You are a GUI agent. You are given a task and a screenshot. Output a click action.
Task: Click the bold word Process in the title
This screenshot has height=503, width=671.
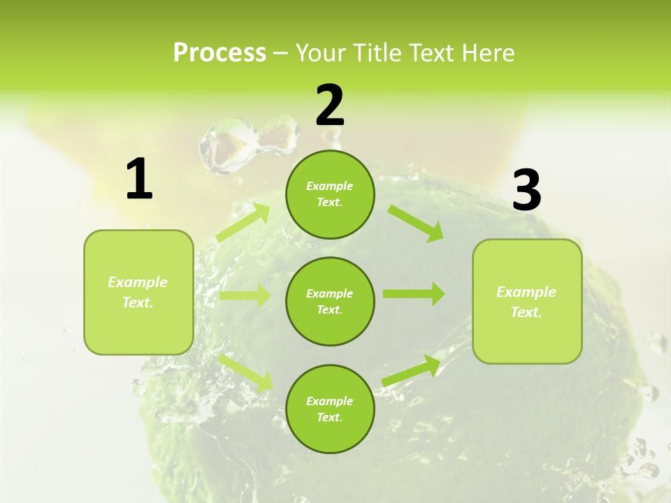tap(219, 52)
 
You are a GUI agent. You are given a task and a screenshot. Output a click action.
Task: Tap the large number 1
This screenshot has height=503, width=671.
tap(139, 179)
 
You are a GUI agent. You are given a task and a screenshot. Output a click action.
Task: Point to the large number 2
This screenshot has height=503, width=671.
tap(330, 105)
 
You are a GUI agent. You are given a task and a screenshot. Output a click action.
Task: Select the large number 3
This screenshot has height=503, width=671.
tap(527, 191)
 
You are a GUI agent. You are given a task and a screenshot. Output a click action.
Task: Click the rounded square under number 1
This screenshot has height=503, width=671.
tap(138, 328)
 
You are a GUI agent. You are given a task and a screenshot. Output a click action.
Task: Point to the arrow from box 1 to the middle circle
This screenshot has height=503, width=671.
tap(245, 295)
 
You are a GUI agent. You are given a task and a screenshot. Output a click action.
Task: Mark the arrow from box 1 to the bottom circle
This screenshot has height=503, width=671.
tap(245, 372)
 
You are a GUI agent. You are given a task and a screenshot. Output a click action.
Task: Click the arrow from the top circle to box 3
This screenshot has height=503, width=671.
tap(416, 224)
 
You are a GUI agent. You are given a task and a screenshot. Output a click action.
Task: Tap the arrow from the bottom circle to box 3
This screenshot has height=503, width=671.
tap(412, 370)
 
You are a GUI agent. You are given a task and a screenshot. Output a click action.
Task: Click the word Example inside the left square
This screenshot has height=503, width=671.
tap(138, 282)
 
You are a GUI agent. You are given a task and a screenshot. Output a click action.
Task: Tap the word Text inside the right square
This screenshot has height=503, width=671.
tap(526, 312)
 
